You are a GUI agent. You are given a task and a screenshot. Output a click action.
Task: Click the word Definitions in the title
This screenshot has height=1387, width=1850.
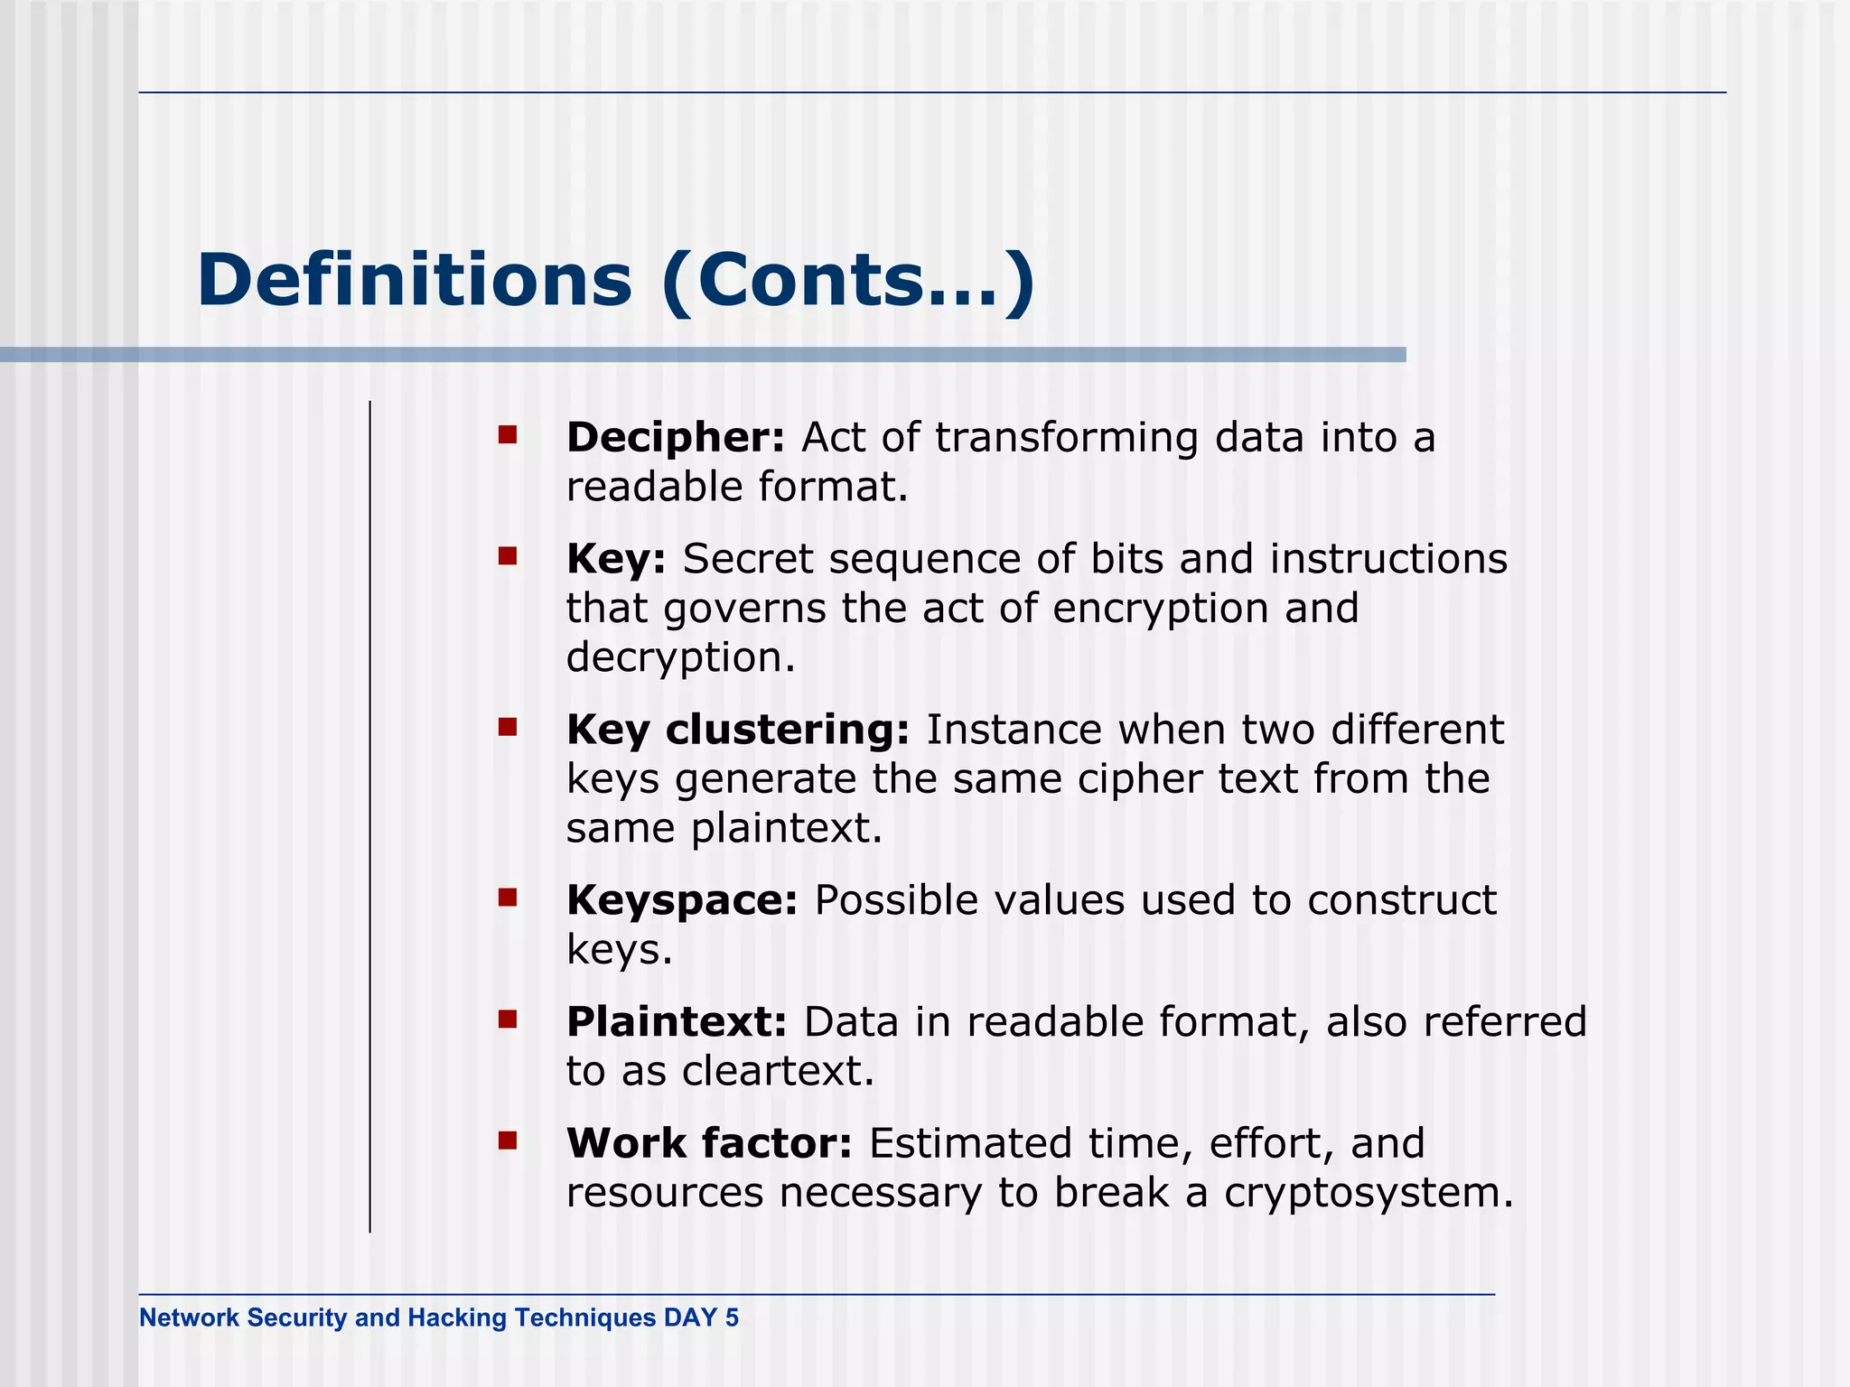414,280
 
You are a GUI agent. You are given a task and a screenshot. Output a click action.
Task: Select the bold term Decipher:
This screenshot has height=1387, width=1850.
676,438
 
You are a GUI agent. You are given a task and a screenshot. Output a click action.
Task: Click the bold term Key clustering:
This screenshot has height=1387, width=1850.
737,730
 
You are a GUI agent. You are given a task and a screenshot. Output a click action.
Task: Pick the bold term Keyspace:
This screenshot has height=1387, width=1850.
682,900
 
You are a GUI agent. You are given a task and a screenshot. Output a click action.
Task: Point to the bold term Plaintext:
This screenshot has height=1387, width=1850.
677,1022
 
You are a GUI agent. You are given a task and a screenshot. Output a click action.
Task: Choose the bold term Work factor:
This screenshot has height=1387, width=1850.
709,1143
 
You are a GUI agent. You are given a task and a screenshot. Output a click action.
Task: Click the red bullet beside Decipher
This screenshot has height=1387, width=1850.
507,435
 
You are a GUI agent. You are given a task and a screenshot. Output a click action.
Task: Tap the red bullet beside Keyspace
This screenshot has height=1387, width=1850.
507,898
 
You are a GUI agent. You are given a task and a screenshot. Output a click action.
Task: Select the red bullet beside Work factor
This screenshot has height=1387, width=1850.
507,1140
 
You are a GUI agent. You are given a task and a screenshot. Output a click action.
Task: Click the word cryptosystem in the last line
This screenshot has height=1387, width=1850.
1368,1194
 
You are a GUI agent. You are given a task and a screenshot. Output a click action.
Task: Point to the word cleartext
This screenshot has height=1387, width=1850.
778,1072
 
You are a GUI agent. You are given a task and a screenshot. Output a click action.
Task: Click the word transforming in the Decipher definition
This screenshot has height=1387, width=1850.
1066,438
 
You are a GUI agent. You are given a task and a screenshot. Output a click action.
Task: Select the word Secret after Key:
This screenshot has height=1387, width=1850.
747,559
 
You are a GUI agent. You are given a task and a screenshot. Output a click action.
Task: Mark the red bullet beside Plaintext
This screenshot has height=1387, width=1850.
507,1019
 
